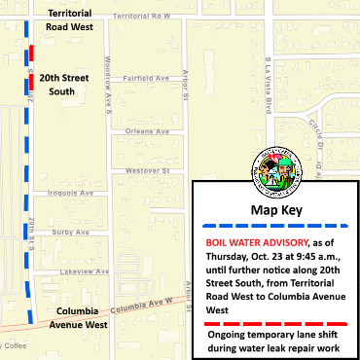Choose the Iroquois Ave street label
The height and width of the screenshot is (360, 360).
[x=73, y=193]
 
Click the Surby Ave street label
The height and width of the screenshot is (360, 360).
[x=72, y=233]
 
